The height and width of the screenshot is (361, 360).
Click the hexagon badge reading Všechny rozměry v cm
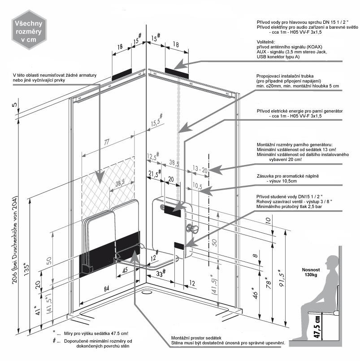[29, 30]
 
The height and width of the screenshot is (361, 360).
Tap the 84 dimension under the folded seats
[106, 289]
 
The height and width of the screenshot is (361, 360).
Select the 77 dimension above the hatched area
[106, 142]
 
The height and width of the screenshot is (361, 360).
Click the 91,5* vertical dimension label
[282, 278]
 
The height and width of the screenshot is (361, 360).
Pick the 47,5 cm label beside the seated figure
[317, 326]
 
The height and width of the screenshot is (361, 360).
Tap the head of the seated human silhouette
[332, 262]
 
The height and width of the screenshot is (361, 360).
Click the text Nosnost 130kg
[311, 272]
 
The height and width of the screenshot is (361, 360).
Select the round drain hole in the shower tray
[146, 292]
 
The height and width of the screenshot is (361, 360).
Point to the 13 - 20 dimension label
[200, 169]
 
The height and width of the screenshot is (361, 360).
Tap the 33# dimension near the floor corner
[161, 273]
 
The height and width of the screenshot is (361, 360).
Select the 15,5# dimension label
[157, 121]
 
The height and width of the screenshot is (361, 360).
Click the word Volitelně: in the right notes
[266, 42]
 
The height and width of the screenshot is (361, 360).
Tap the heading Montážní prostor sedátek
[196, 338]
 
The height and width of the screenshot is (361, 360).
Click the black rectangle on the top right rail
[177, 73]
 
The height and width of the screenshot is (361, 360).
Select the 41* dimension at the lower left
[38, 310]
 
